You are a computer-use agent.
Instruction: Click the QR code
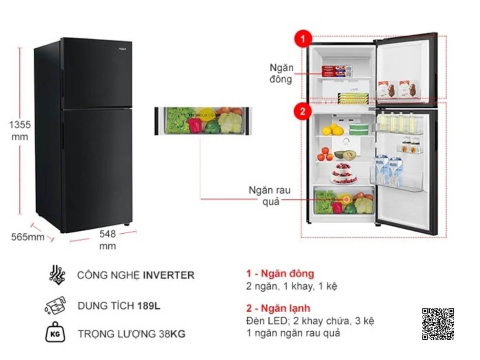pyautogui.click(x=438, y=324)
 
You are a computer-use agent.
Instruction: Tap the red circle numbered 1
pyautogui.click(x=303, y=39)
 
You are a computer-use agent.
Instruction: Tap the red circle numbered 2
pyautogui.click(x=303, y=111)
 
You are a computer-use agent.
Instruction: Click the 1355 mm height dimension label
pyautogui.click(x=20, y=130)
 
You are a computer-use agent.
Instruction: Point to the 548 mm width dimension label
pyautogui.click(x=107, y=240)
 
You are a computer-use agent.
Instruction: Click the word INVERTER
pyautogui.click(x=168, y=275)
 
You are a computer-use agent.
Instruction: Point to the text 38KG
pyautogui.click(x=172, y=334)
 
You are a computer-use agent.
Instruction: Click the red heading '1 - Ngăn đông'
pyautogui.click(x=280, y=274)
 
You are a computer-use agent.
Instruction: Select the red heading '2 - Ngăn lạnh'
pyautogui.click(x=278, y=308)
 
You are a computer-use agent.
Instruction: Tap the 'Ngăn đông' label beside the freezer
pyautogui.click(x=282, y=73)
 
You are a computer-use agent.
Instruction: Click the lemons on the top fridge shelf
pyautogui.click(x=332, y=130)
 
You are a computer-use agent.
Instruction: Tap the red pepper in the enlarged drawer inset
pyautogui.click(x=195, y=126)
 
